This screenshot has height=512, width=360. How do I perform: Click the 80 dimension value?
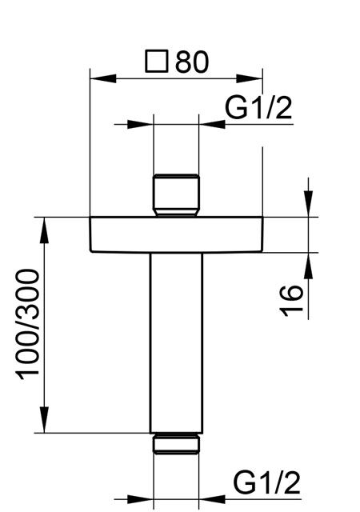[192, 62]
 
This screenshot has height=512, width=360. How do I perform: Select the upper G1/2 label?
[258, 108]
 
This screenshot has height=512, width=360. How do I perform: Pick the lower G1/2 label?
[266, 483]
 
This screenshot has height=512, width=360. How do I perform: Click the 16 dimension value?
[291, 301]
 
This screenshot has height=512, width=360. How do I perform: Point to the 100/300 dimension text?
[28, 324]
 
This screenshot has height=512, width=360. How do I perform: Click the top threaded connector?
[176, 195]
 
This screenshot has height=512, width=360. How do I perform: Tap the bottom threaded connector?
[176, 443]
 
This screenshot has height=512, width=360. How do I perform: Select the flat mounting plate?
[176, 234]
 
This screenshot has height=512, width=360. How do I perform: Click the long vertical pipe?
[176, 343]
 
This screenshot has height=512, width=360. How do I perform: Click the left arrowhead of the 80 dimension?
[103, 78]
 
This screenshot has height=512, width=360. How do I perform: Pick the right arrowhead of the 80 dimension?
[250, 78]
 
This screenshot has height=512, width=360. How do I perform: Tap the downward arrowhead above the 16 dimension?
[308, 203]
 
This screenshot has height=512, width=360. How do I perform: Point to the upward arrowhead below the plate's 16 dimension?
[308, 266]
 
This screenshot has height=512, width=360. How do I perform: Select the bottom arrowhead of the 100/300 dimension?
[44, 420]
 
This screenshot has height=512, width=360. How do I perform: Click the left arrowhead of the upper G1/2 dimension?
[141, 124]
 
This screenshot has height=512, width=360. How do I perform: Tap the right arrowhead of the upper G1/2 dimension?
[212, 124]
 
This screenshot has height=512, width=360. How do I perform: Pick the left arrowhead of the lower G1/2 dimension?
[141, 499]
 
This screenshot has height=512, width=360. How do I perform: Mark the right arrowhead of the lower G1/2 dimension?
[212, 499]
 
